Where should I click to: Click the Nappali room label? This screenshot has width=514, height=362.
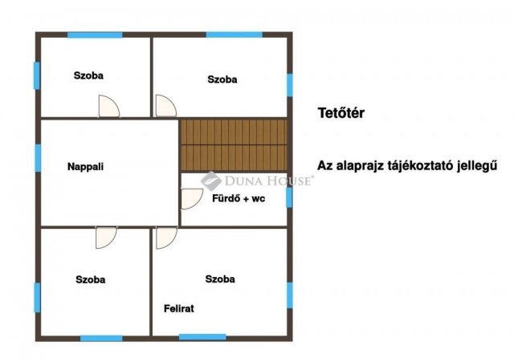pyautogui.click(x=85, y=167)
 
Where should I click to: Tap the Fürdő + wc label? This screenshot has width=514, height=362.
pyautogui.click(x=239, y=198)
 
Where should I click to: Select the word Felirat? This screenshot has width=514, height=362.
pyautogui.click(x=178, y=308)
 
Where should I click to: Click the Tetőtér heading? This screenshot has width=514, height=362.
pyautogui.click(x=341, y=113)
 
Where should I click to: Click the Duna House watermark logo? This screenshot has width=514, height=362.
pyautogui.click(x=210, y=181)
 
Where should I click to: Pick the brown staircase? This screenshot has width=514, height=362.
pyautogui.click(x=234, y=144)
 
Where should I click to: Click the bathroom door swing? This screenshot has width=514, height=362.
pyautogui.click(x=192, y=199)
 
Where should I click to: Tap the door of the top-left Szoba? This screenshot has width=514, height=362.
pyautogui.click(x=109, y=106)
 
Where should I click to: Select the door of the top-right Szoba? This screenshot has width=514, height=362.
pyautogui.click(x=166, y=105)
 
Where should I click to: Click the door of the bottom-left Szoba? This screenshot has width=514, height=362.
pyautogui.click(x=106, y=238)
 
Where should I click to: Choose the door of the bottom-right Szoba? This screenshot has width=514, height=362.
pyautogui.click(x=166, y=238)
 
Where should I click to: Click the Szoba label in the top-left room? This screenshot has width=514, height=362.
pyautogui.click(x=88, y=75)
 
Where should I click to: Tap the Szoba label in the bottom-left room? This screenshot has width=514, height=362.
pyautogui.click(x=91, y=280)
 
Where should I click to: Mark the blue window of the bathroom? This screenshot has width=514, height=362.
pyautogui.click(x=289, y=197)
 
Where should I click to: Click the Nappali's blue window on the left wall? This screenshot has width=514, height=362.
pyautogui.click(x=38, y=158)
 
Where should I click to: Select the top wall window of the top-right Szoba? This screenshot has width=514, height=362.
pyautogui.click(x=235, y=35)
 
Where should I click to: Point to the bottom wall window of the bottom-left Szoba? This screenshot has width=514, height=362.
pyautogui.click(x=102, y=339)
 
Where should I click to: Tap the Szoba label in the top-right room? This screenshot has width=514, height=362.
pyautogui.click(x=222, y=79)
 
